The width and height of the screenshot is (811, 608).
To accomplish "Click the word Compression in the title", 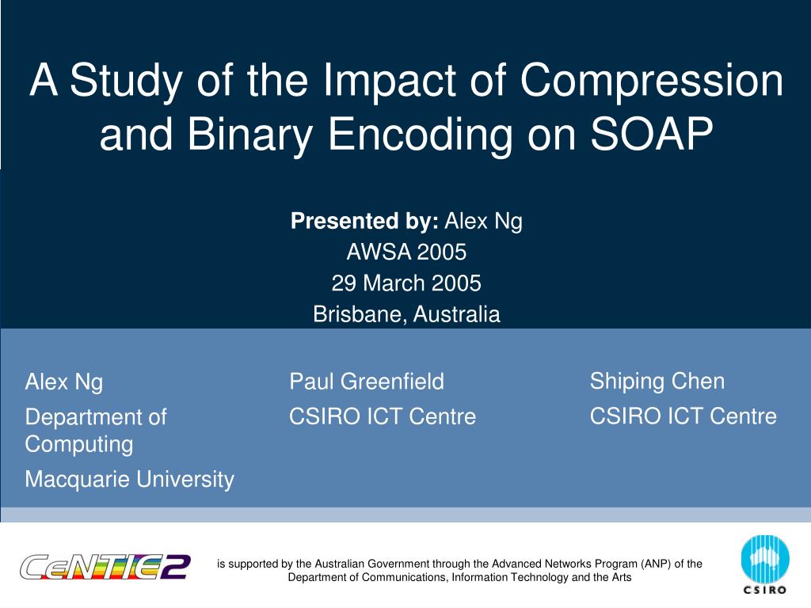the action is point(651,81).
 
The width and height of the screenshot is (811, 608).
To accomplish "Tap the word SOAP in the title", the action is point(652,133).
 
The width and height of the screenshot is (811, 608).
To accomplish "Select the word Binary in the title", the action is point(249,135).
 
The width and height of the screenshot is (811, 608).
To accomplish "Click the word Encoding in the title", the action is point(421,135).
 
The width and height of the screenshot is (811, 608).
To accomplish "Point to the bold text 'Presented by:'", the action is point(364,222).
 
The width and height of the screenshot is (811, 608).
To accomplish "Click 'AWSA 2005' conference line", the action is point(406,253).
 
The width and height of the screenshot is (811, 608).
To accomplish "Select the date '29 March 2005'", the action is point(406,283).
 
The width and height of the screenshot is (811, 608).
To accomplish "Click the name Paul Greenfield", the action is point(367,382).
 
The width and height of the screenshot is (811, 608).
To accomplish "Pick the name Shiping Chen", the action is point(657,382).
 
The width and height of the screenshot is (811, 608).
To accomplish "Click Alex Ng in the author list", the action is point(64,382).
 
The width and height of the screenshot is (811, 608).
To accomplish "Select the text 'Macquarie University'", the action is point(130,479).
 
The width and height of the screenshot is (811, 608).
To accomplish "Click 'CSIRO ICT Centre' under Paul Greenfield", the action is point(383,416).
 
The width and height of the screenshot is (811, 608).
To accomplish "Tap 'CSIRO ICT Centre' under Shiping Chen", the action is point(683,416).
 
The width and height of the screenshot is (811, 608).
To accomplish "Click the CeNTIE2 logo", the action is point(105,567).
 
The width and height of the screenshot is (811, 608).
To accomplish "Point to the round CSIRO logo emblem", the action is point(765,560).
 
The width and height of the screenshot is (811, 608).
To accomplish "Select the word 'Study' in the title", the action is point(126,82).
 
